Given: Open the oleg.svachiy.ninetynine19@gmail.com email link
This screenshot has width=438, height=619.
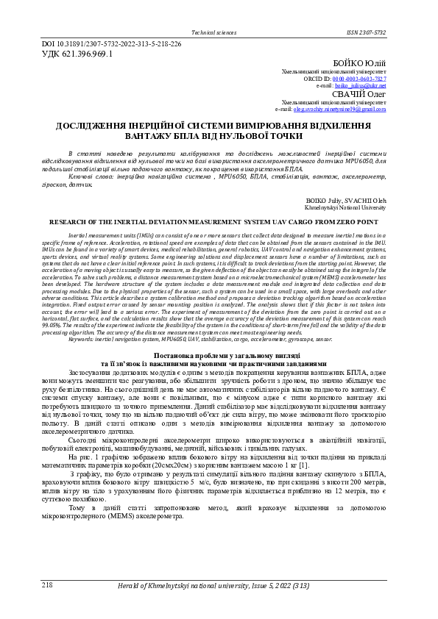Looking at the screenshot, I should point(339,109).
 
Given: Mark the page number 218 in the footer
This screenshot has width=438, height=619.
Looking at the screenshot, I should point(47,584).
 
